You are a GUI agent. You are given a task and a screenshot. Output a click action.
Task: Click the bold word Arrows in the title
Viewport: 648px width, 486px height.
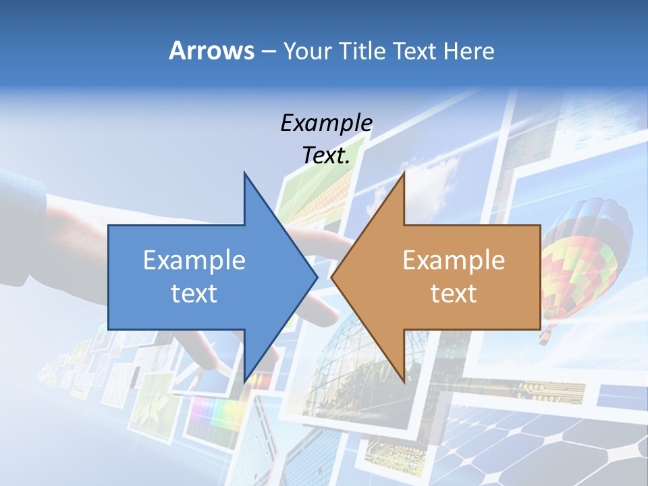[x=212, y=51]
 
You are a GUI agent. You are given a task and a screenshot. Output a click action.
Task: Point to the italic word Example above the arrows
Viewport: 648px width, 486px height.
[x=326, y=123]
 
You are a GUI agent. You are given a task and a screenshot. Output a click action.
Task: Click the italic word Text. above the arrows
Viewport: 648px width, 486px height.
[x=326, y=155]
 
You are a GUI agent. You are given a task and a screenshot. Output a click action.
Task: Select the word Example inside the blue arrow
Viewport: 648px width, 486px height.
[x=194, y=260]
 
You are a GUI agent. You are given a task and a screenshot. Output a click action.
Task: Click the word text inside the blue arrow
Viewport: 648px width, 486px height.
[x=194, y=294]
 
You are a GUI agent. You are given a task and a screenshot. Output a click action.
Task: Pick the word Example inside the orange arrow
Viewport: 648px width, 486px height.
[x=454, y=260]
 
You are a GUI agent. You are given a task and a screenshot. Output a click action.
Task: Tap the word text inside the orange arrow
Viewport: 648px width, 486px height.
[x=454, y=294]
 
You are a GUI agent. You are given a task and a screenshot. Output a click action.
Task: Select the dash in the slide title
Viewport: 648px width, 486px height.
[x=269, y=51]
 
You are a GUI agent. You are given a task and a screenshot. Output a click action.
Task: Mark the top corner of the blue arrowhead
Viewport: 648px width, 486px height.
[x=245, y=173]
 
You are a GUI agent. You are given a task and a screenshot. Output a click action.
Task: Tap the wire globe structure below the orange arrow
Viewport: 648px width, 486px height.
[x=358, y=358]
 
